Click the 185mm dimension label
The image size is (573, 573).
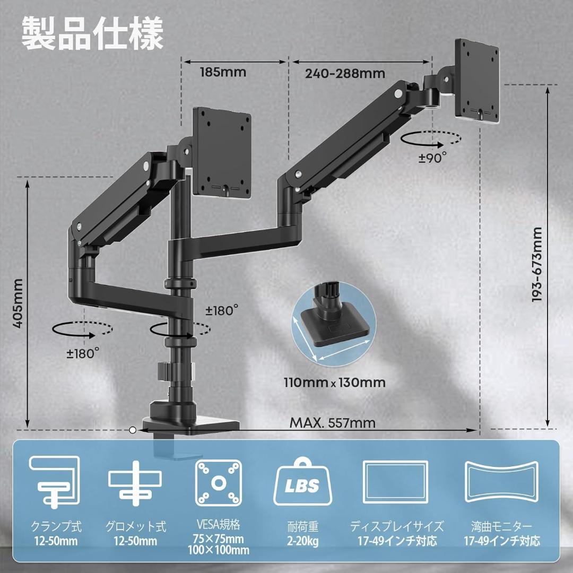[x=223, y=72]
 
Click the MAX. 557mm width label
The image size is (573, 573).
[x=333, y=423]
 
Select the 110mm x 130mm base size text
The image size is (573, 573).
[x=334, y=382]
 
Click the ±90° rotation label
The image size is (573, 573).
[x=432, y=158]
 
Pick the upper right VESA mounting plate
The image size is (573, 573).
[x=476, y=81]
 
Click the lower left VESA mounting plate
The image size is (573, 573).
[x=221, y=152]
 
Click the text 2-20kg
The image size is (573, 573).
[x=303, y=541]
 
